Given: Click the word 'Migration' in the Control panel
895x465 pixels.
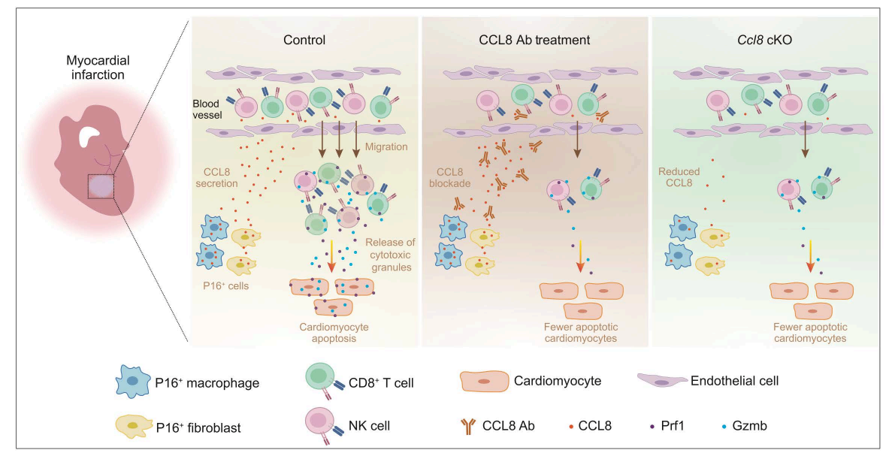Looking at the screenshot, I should [386, 146].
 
